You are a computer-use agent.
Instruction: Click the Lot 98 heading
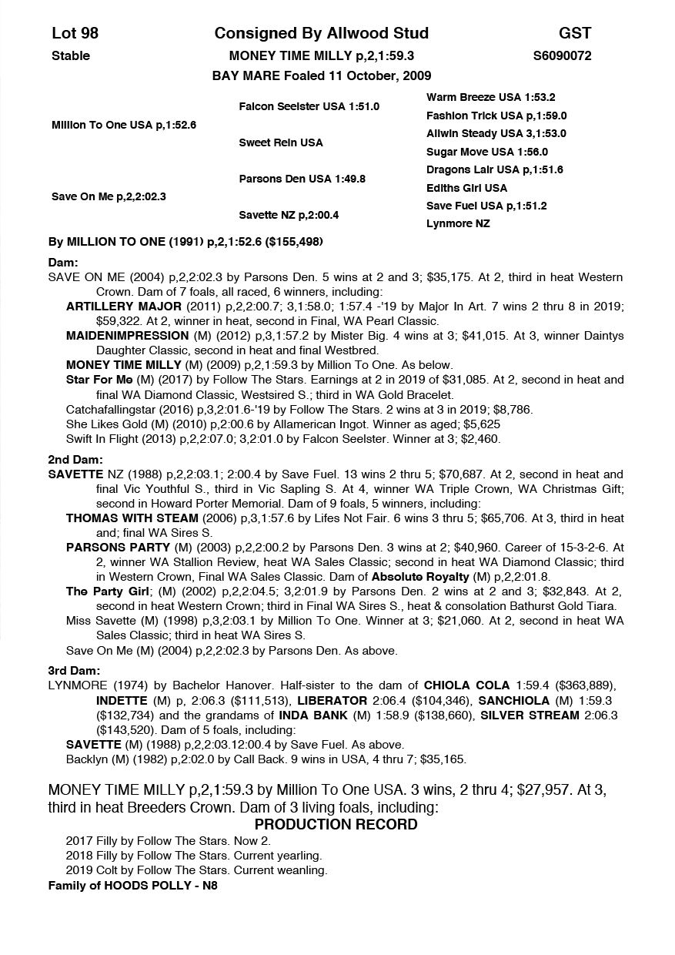tap(75, 33)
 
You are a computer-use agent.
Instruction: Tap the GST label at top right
tap(575, 33)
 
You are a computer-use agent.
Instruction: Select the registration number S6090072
tap(562, 55)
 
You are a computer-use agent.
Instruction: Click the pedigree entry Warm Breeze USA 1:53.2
tap(490, 98)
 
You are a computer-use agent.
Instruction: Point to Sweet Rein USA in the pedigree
tap(281, 142)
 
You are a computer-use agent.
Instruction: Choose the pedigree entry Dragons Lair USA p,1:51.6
tap(494, 169)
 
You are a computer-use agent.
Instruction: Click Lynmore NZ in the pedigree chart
tap(458, 223)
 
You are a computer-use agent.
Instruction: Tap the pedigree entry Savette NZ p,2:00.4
tap(289, 215)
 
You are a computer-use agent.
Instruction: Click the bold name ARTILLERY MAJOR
tap(113, 306)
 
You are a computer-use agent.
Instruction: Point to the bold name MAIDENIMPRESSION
tap(127, 336)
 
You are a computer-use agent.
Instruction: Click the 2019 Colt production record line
tap(196, 870)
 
